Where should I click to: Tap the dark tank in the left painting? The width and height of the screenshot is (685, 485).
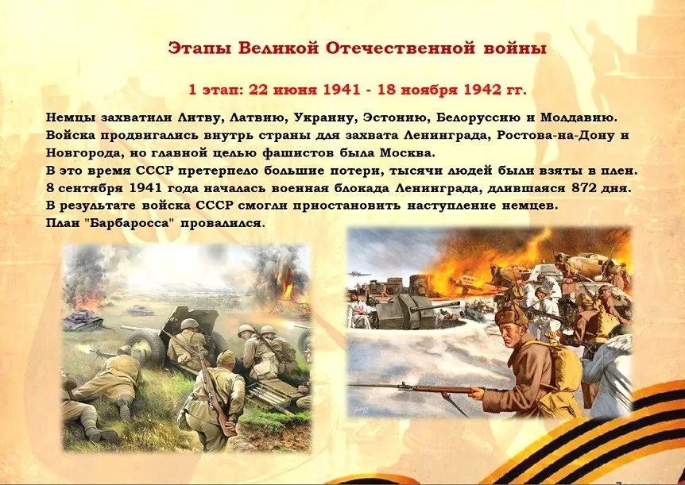(82, 321)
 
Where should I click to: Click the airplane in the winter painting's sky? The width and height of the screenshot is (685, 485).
(358, 274)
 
